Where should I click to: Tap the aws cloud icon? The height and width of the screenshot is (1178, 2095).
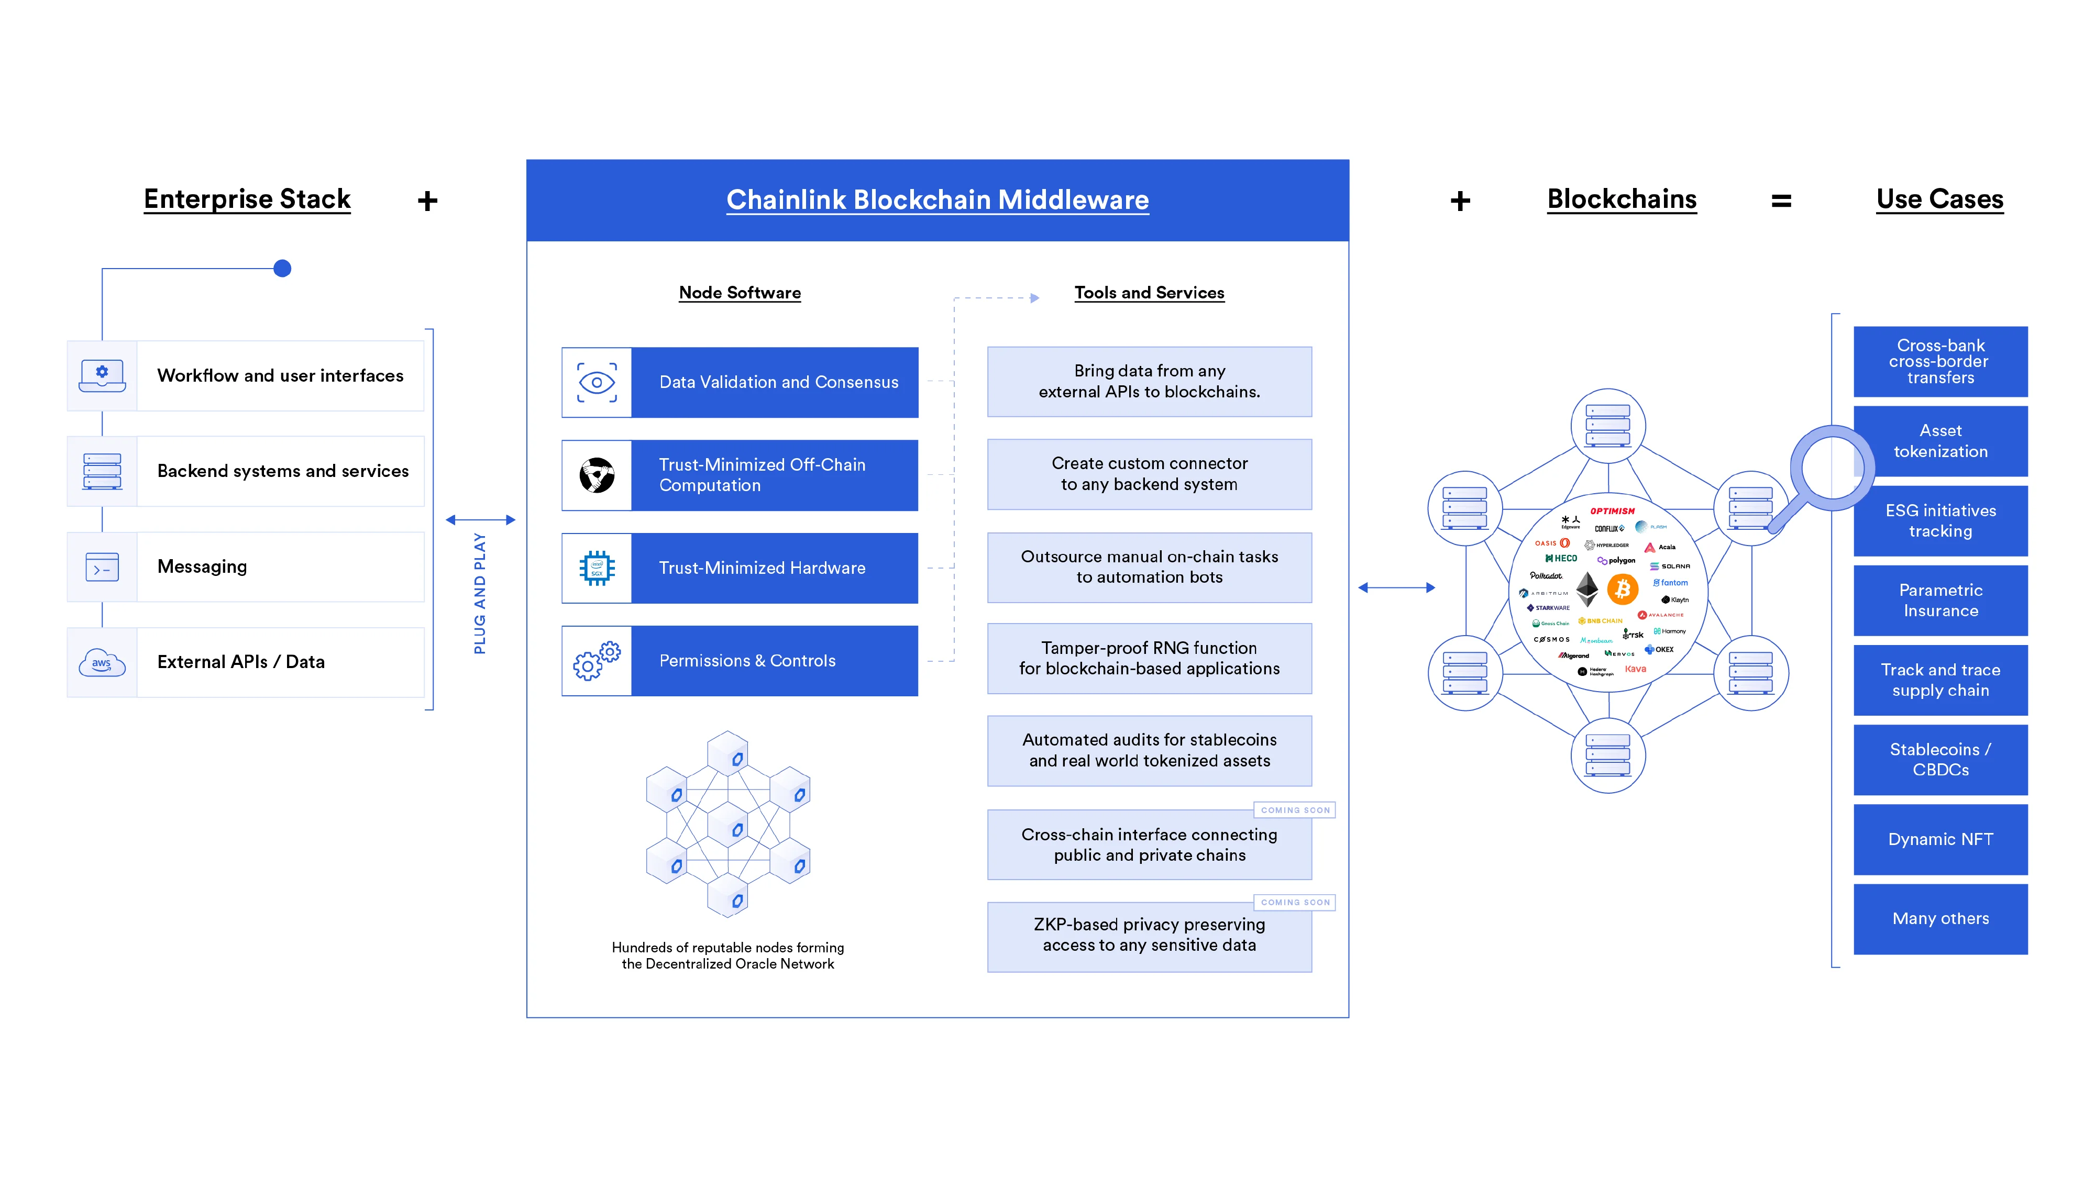click(102, 663)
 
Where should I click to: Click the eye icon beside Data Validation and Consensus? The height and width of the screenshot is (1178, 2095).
click(596, 382)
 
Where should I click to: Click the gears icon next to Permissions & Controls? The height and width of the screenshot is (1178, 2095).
click(596, 661)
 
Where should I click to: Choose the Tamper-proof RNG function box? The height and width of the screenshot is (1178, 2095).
click(1149, 659)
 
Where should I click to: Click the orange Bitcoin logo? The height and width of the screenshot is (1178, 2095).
click(1623, 588)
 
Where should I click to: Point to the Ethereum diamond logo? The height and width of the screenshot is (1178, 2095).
click(1587, 588)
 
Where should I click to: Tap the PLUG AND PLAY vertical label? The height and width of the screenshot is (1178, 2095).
click(480, 594)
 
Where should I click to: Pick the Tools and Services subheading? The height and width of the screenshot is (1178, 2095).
click(1149, 293)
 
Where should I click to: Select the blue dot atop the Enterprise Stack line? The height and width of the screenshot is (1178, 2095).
click(282, 268)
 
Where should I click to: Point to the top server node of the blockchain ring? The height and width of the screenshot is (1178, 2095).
click(1608, 425)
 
